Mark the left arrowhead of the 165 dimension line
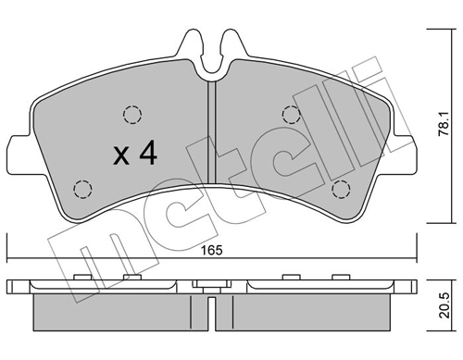click(x=10, y=260)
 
